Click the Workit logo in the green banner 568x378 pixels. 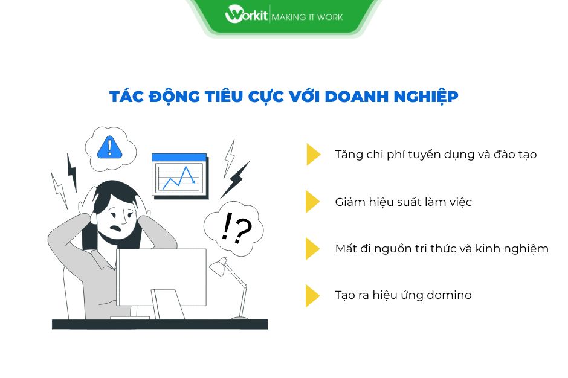(x=247, y=15)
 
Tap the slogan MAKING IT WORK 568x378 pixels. (x=307, y=17)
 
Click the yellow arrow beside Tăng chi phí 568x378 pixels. (x=313, y=155)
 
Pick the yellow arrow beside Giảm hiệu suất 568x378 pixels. (x=313, y=202)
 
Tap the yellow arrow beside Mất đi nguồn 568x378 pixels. (x=313, y=248)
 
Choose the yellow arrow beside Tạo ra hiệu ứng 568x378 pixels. (x=313, y=295)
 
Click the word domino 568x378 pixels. (x=450, y=295)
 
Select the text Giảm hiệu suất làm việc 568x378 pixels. (x=403, y=202)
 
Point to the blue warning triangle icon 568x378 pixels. (x=109, y=146)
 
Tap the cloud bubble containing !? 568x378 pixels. (x=231, y=226)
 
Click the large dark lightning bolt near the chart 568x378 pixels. (x=236, y=179)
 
